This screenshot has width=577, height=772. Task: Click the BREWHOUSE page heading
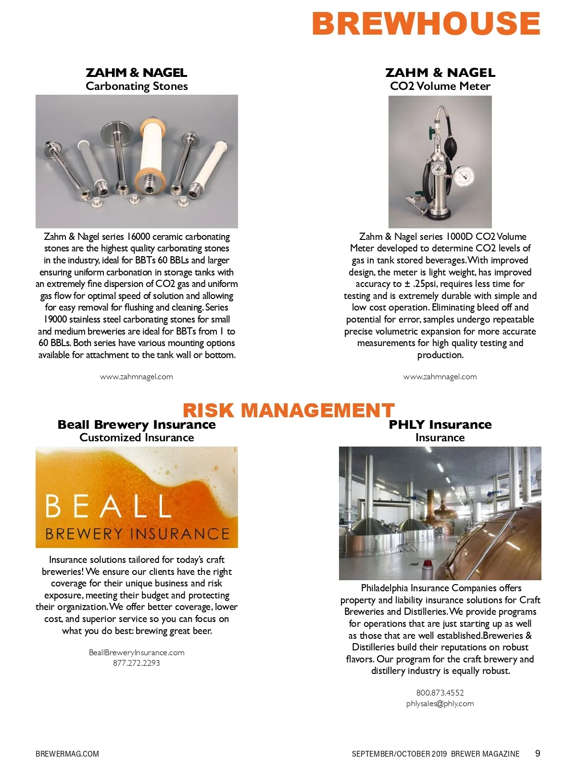coord(426,23)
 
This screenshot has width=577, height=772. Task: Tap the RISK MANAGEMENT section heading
coord(288,411)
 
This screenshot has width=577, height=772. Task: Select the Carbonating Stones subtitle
coord(137,87)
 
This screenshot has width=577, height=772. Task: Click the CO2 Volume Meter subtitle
coord(440,87)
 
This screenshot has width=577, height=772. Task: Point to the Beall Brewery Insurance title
coord(137,425)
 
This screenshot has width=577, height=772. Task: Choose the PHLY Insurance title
coord(440,425)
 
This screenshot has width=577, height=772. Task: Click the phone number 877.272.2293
coord(137,663)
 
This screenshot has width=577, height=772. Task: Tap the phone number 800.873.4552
coord(440,693)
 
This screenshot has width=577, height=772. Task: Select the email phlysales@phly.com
coord(440,704)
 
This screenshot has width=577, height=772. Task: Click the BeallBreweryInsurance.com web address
coord(137,652)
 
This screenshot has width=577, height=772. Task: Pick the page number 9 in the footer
coord(538,753)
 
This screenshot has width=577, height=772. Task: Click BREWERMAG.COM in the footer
coord(67,754)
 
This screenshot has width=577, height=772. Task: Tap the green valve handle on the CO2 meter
coord(430,131)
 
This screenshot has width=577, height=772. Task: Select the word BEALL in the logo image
coord(108,506)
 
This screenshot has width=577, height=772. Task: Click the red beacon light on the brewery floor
coord(427,563)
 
